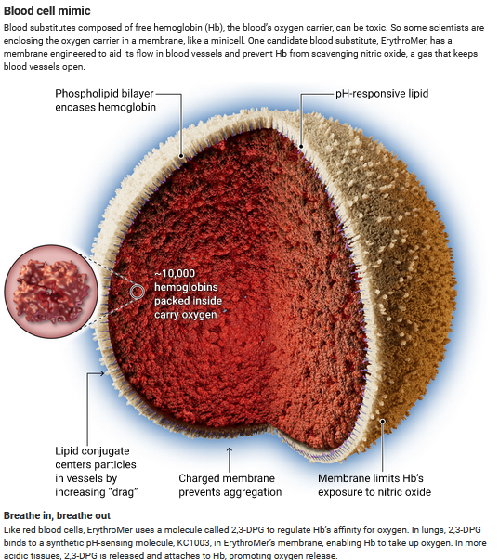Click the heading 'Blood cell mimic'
coord(46,11)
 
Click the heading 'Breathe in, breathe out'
coord(57,515)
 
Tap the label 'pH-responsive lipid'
coord(382,94)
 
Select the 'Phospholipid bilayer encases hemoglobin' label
coord(105,100)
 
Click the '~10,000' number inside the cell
coord(175,274)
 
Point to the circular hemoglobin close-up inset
coord(51,292)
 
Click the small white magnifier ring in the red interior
coord(137,292)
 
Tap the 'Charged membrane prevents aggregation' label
coord(230,485)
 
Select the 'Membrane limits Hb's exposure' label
coord(374,485)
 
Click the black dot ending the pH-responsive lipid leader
coord(301,146)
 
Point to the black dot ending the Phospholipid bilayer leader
coord(181,156)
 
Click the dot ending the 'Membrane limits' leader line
coord(382,422)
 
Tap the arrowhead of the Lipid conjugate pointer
coord(102,373)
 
